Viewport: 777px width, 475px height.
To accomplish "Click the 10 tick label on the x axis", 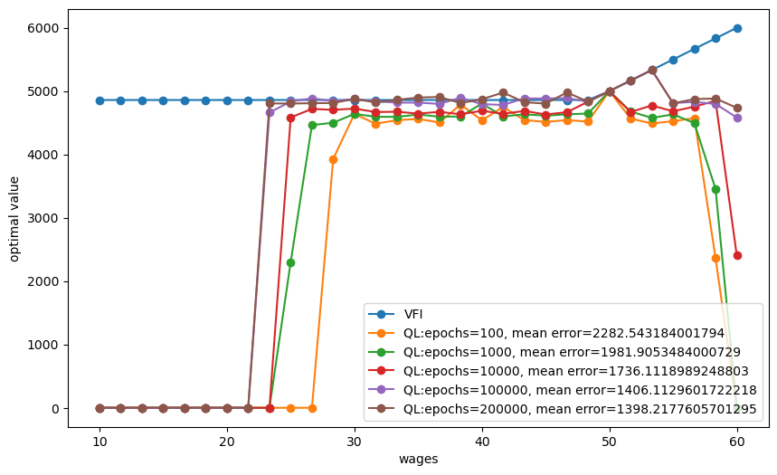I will pyautogui.click(x=99, y=442).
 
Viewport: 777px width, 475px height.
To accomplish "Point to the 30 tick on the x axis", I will pyautogui.click(x=355, y=442).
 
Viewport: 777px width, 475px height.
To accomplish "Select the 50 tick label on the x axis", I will pyautogui.click(x=610, y=442).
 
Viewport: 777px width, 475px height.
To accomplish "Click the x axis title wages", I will pyautogui.click(x=418, y=460).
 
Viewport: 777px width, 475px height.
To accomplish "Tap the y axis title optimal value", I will pyautogui.click(x=14, y=218).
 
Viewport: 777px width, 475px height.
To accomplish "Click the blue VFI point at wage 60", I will pyautogui.click(x=737, y=28).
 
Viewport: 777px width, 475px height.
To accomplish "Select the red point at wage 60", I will pyautogui.click(x=737, y=255).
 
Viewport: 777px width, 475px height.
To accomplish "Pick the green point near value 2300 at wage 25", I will pyautogui.click(x=290, y=262).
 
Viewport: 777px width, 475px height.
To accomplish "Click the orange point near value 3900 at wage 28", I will pyautogui.click(x=333, y=159).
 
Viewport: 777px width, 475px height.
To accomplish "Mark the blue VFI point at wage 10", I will pyautogui.click(x=99, y=100).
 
